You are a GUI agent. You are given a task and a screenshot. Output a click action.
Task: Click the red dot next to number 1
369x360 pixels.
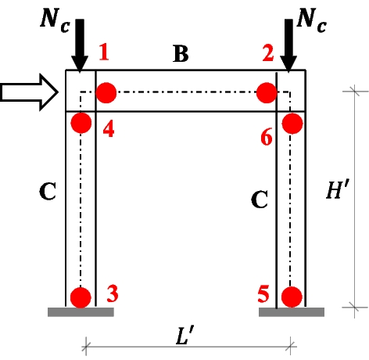tap(106, 93)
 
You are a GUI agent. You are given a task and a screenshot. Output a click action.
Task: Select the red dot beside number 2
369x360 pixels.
tap(267, 93)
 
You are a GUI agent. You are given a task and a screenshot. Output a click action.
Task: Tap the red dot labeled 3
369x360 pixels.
tap(81, 297)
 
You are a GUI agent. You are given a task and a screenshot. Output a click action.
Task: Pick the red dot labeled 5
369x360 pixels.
tap(292, 297)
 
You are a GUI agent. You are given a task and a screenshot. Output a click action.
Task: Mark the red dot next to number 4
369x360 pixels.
tap(81, 123)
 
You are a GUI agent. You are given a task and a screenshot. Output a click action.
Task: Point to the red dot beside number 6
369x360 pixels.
tap(292, 123)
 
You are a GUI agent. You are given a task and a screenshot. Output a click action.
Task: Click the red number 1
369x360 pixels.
tap(105, 54)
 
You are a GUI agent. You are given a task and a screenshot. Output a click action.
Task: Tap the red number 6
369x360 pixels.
tap(267, 139)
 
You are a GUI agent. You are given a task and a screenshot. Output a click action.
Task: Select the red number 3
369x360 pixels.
tap(112, 293)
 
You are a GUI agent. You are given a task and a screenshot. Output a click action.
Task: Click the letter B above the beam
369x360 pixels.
tap(181, 56)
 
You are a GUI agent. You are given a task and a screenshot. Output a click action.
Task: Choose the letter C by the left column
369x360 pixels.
tap(48, 192)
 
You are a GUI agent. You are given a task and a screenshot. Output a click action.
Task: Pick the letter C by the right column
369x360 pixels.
tap(260, 200)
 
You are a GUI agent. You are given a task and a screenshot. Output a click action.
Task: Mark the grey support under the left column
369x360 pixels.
tap(81, 312)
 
